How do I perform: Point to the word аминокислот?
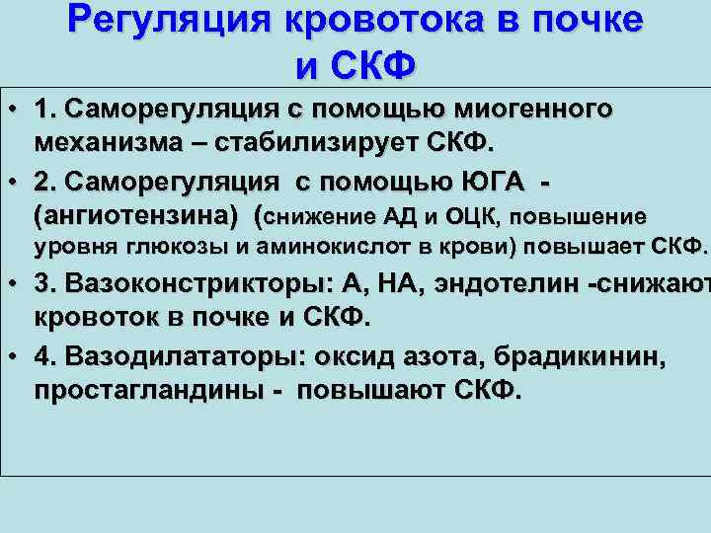click(x=319, y=245)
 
